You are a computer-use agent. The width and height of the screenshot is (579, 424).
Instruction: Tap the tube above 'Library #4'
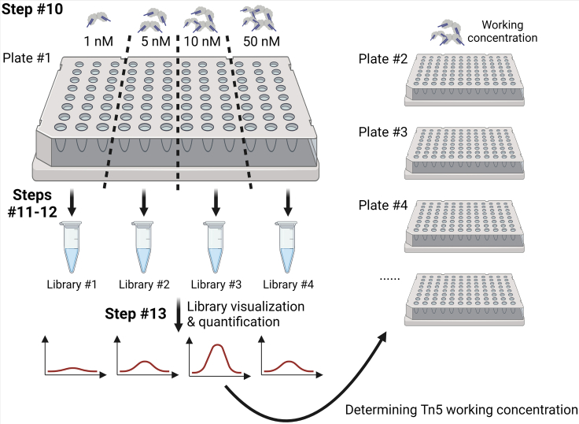tap(286, 247)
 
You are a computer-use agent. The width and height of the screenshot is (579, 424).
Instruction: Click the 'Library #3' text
tap(215, 284)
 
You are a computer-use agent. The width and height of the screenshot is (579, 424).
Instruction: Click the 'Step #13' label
tap(135, 314)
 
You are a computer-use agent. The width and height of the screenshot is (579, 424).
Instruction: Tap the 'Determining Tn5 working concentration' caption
tap(462, 410)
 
